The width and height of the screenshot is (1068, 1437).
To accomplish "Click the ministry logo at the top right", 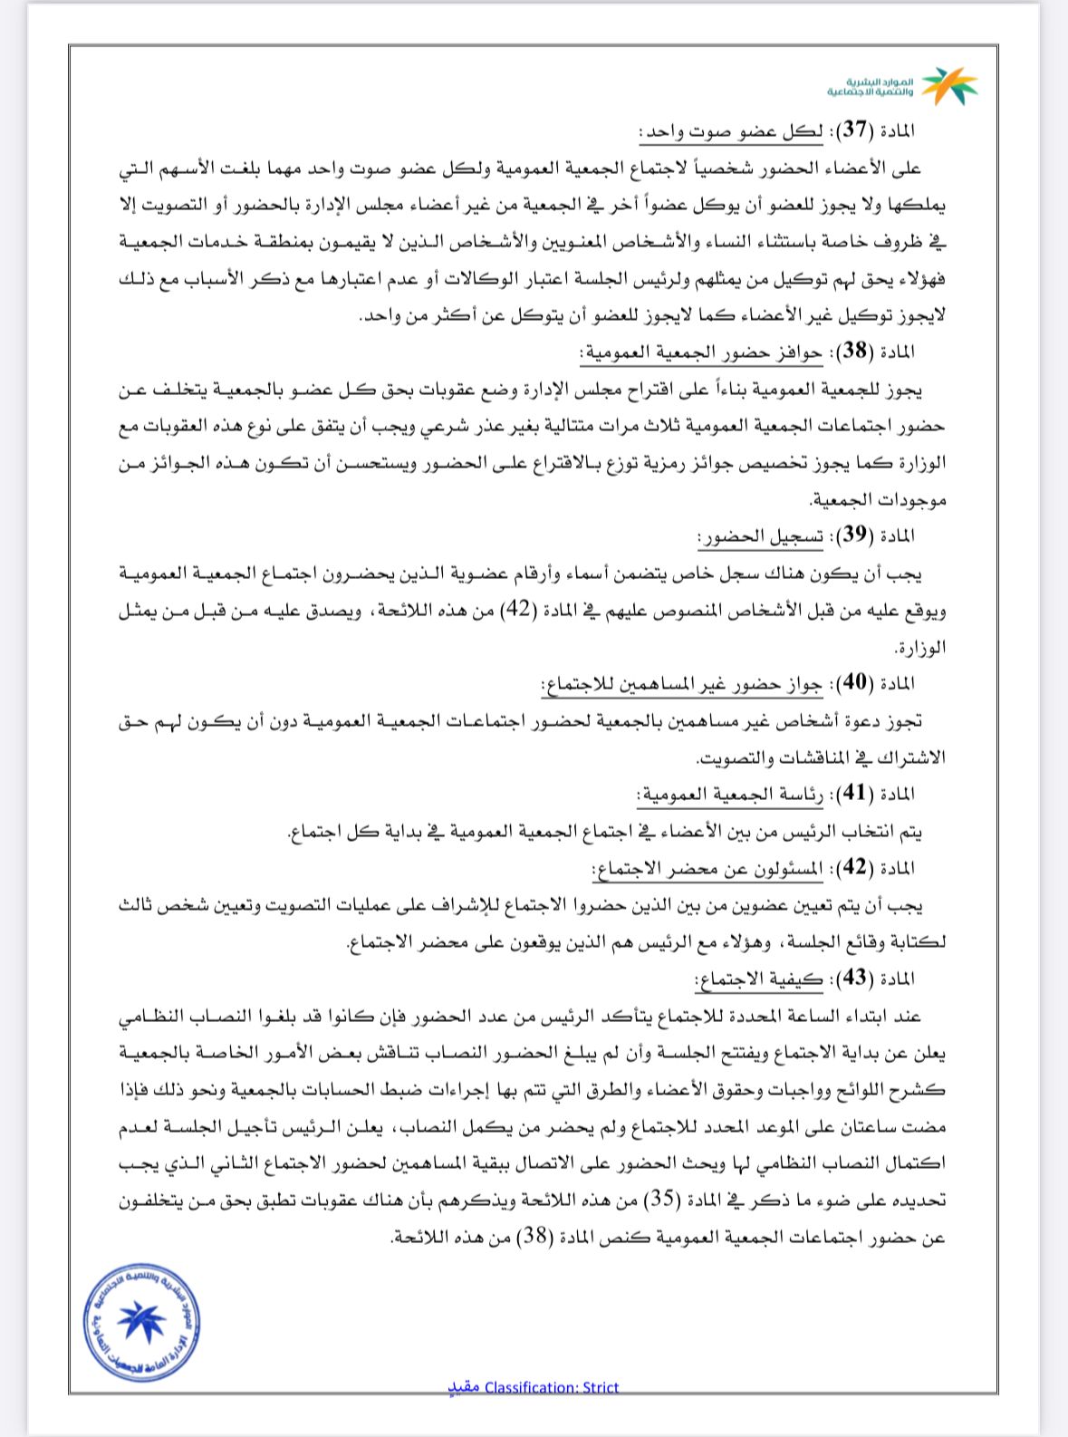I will (901, 86).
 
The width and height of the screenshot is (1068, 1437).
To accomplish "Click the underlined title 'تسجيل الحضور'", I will (761, 536).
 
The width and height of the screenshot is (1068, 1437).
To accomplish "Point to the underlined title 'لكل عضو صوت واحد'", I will (732, 130).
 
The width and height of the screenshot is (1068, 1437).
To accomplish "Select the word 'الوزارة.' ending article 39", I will (919, 647).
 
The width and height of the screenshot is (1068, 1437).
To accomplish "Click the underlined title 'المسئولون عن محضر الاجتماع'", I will (708, 868).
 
